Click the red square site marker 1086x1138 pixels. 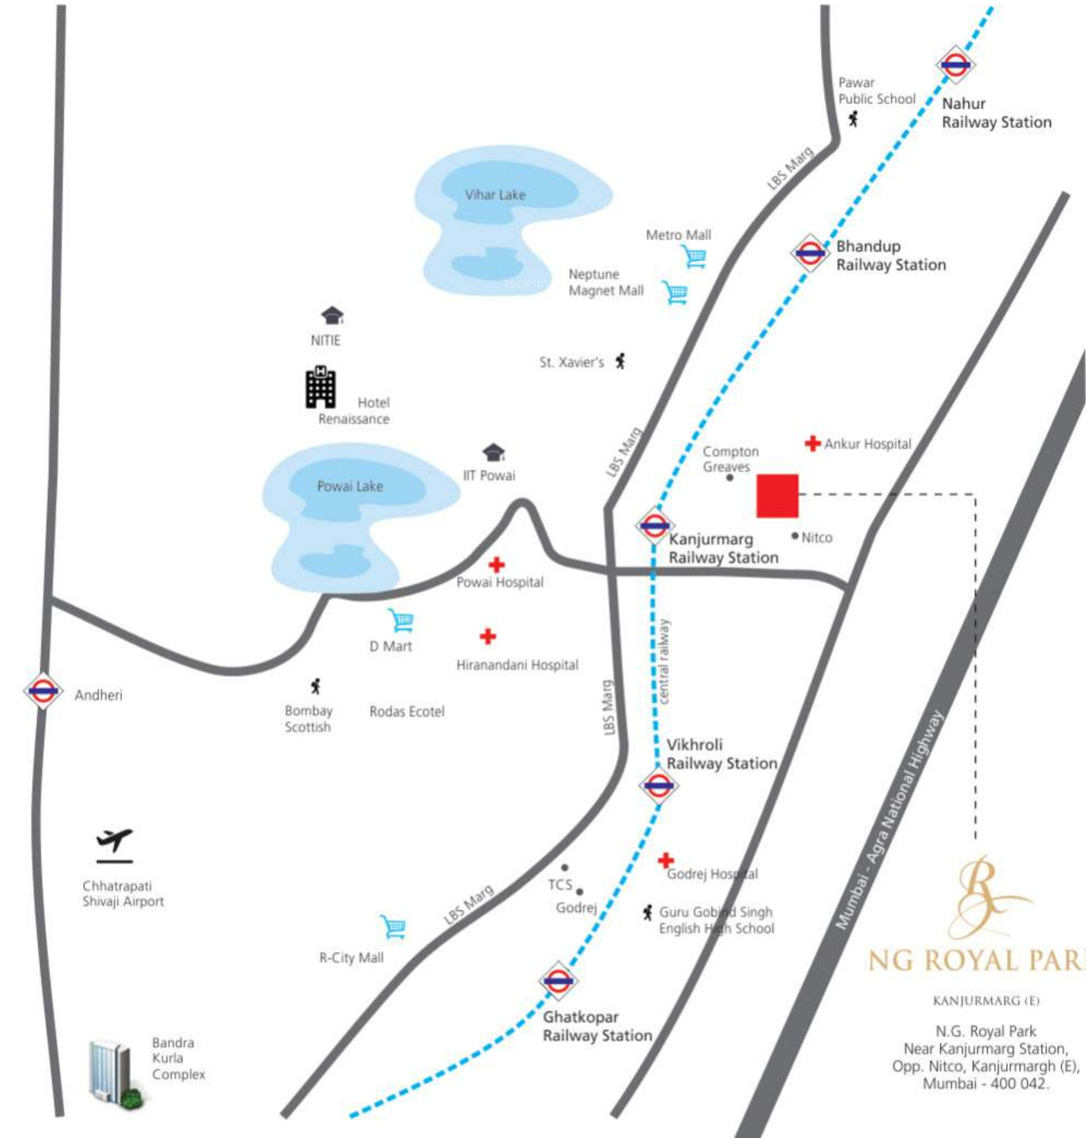777,496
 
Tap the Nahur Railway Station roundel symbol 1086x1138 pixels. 955,64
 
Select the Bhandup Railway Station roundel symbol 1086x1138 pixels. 810,252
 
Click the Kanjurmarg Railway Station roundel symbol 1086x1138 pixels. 654,525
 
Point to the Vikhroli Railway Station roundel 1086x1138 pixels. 659,785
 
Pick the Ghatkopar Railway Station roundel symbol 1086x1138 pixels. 558,980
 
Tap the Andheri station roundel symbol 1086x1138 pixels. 43,690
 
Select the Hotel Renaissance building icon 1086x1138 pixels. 320,387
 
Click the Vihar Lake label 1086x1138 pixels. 495,195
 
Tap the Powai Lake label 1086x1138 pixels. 350,486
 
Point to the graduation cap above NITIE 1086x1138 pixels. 332,316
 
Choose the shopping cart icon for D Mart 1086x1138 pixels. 401,620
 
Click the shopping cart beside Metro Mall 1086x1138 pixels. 694,256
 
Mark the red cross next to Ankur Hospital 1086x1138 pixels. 812,443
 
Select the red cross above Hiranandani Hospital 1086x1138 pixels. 488,636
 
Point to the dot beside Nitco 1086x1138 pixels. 795,536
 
